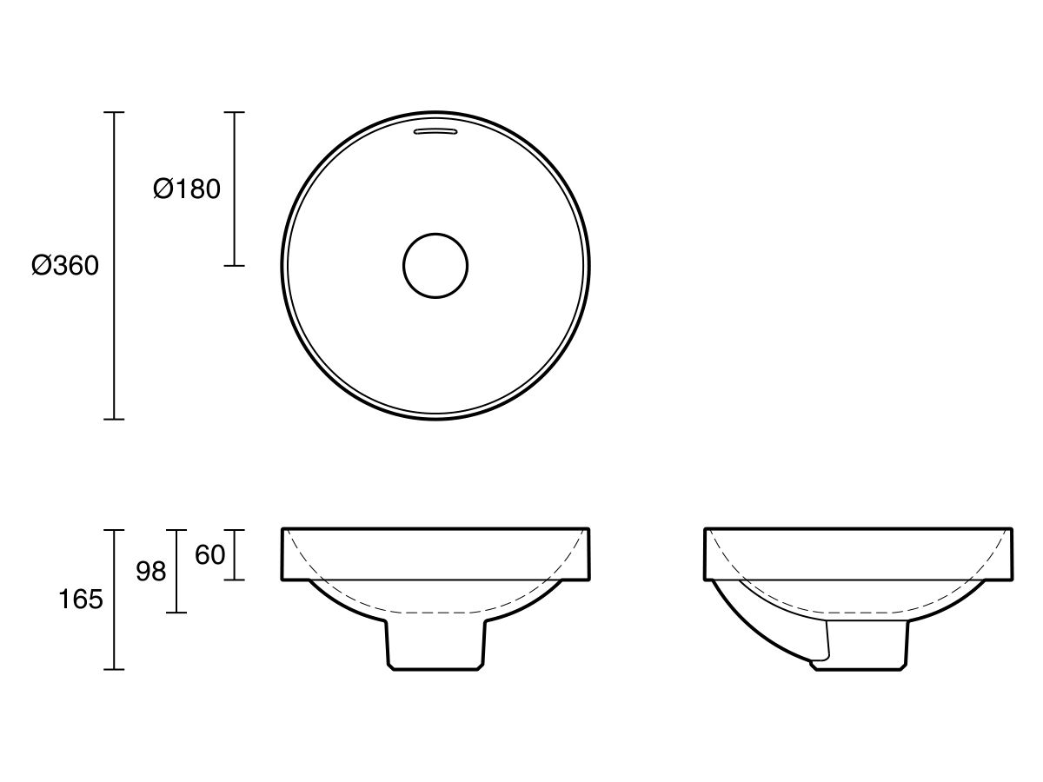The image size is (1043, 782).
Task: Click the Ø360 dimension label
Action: point(65,266)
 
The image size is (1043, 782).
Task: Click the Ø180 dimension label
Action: point(187,189)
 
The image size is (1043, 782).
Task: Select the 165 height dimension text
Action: point(80,600)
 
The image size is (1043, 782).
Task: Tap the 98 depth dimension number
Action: point(150,572)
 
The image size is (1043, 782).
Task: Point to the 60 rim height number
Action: point(209,555)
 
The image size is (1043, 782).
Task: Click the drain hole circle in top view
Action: point(435,266)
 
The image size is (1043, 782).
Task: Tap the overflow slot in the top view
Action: point(435,131)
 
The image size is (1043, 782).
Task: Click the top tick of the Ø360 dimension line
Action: point(114,113)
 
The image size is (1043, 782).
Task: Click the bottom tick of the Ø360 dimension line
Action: point(114,419)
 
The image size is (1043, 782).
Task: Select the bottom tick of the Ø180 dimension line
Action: point(234,266)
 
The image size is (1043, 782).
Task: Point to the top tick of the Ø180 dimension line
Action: point(234,113)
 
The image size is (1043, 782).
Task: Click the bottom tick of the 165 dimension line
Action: point(114,669)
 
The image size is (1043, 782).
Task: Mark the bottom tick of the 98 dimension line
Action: point(176,613)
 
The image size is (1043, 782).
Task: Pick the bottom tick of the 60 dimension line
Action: point(234,580)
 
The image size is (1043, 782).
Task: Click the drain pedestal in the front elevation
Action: point(435,643)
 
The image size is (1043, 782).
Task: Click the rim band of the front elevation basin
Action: point(435,553)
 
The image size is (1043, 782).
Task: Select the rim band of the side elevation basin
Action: point(858,553)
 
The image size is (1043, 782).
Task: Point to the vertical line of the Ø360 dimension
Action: point(114,348)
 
